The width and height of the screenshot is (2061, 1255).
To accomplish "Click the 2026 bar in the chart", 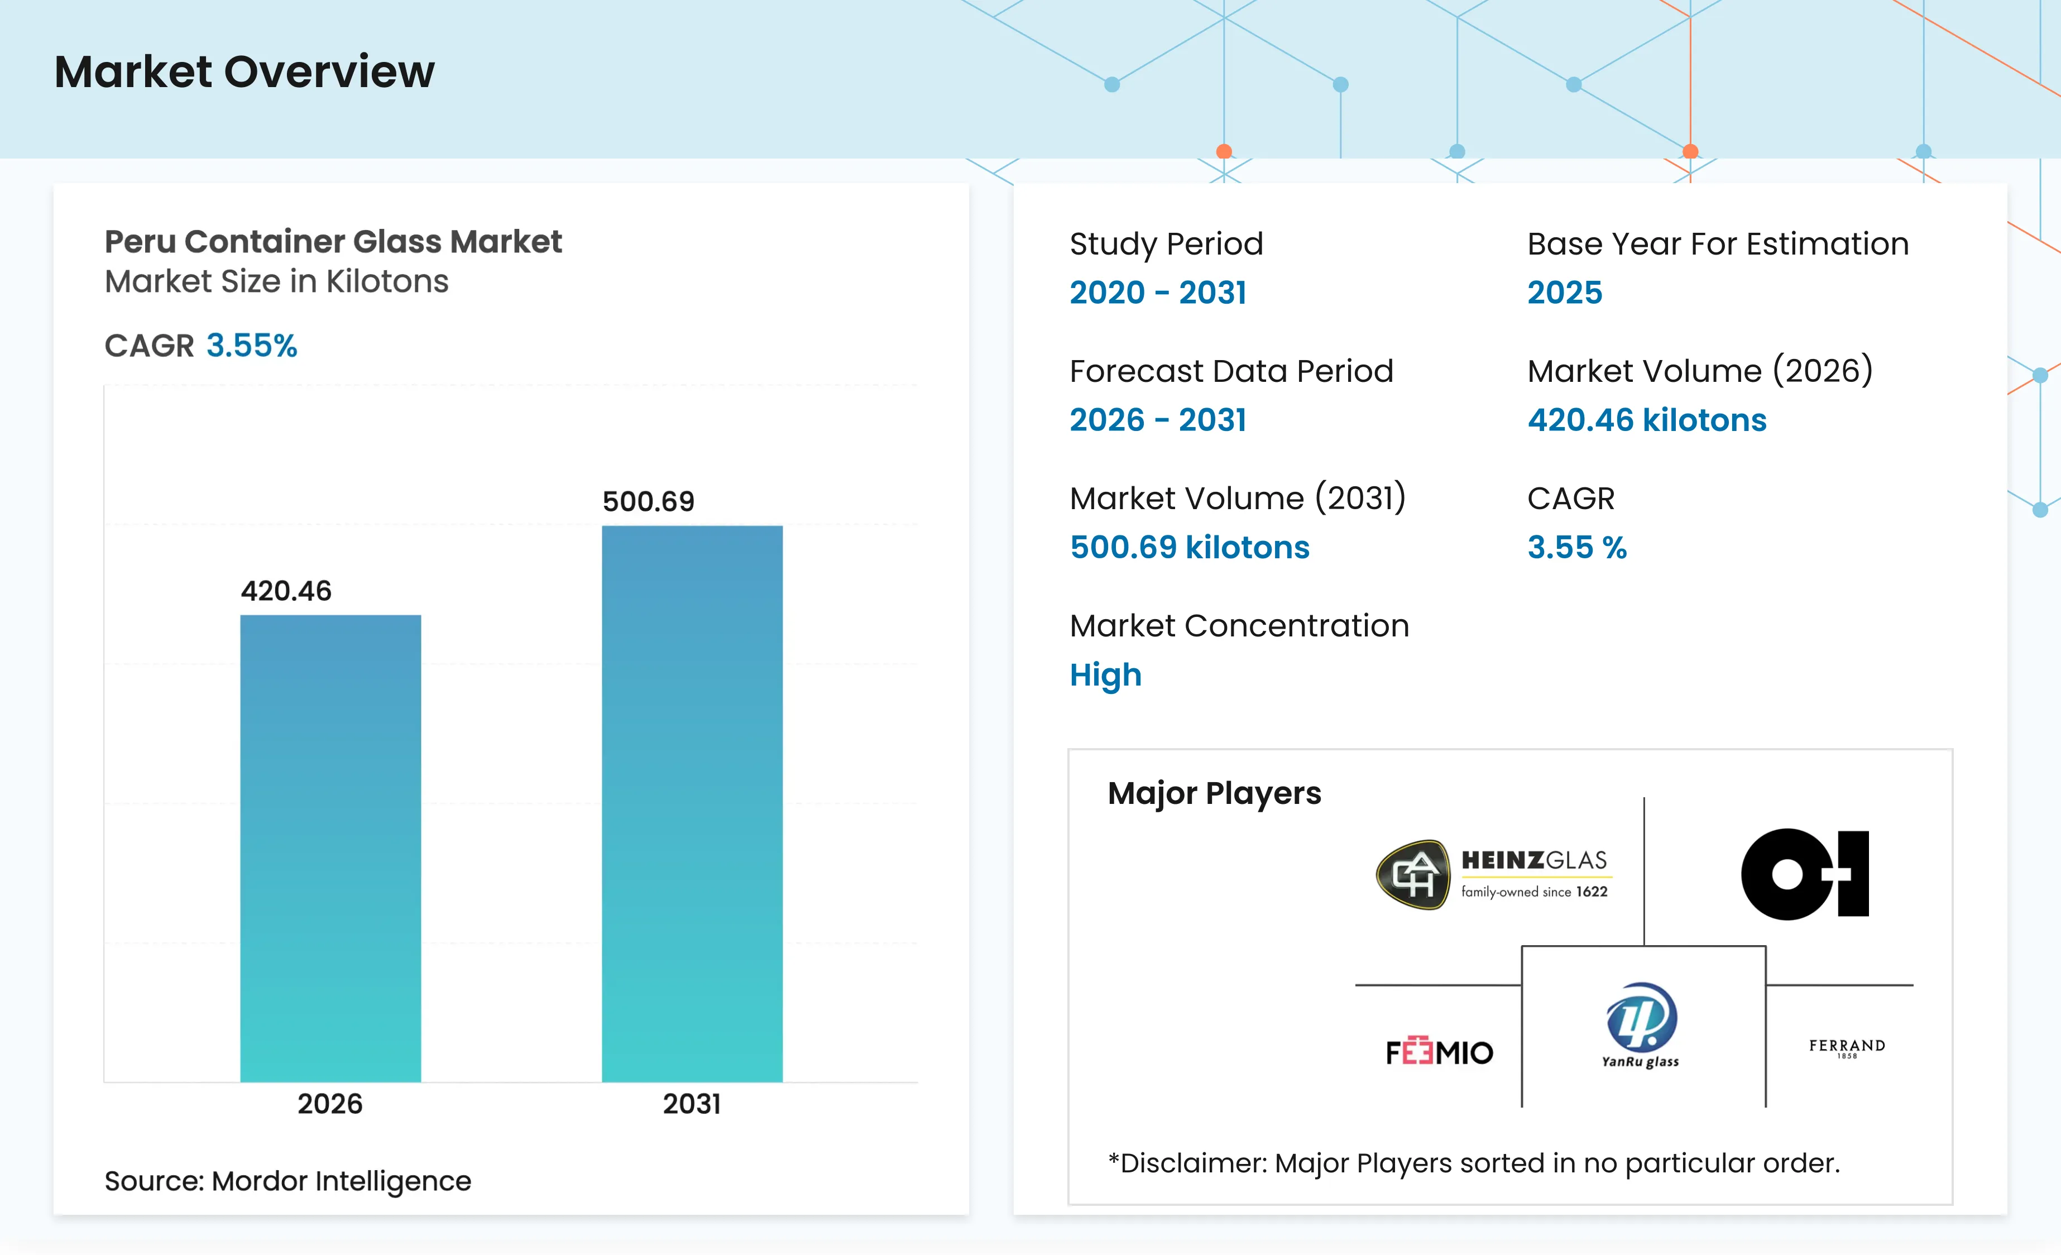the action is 330,849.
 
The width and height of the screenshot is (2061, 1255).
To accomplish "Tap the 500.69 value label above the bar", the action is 648,501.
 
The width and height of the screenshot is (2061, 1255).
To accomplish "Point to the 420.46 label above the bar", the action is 286,591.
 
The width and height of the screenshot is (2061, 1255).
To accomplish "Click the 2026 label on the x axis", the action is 330,1104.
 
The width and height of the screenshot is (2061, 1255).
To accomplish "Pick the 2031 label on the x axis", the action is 692,1104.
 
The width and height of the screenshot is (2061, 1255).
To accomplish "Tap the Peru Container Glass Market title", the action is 333,241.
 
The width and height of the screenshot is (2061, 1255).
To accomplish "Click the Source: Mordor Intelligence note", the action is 287,1181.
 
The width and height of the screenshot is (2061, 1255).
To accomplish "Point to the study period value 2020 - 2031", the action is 1158,292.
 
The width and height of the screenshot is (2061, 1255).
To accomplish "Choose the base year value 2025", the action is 1564,292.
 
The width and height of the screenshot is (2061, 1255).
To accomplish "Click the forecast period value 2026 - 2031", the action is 1158,419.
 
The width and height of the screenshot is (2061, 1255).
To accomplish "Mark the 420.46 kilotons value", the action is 1647,419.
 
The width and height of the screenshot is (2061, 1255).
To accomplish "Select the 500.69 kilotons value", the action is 1190,547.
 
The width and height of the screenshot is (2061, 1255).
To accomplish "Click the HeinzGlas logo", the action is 1492,874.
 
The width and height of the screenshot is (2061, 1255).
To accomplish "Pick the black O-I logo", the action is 1805,874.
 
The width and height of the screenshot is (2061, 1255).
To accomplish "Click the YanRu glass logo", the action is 1640,1026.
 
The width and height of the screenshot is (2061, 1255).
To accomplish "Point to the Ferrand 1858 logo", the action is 1847,1047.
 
